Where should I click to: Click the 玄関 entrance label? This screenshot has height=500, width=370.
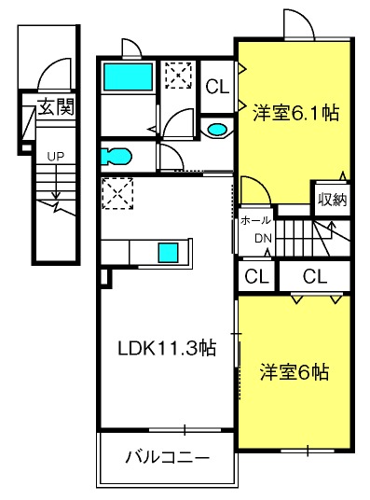(56, 106)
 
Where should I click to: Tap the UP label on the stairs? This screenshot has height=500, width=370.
(55, 157)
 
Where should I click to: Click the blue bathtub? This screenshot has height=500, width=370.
(128, 76)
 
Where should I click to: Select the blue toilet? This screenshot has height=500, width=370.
(116, 157)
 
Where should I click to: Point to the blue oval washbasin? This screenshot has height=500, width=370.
(218, 129)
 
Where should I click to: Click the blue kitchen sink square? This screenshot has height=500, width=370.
(169, 253)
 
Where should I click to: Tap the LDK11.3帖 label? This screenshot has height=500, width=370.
(168, 348)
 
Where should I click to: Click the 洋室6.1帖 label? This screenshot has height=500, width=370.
(296, 113)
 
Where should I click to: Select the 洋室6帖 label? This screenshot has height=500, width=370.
(295, 372)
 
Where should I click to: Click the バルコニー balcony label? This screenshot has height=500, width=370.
(168, 458)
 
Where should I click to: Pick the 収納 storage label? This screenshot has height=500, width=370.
(333, 200)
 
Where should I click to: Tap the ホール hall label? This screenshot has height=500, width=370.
(255, 220)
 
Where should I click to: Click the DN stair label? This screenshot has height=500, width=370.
(263, 238)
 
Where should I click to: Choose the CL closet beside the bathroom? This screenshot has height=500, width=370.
(217, 86)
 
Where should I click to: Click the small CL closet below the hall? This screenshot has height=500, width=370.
(256, 276)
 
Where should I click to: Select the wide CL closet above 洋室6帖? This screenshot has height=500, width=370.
(315, 276)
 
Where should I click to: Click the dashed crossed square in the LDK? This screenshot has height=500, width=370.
(117, 193)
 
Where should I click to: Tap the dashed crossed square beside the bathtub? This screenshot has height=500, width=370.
(178, 76)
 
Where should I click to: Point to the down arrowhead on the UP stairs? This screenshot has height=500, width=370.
(57, 195)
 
